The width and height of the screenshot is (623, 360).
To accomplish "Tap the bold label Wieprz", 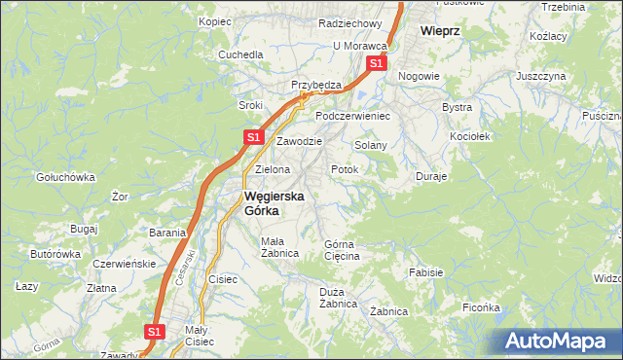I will coord(439,30).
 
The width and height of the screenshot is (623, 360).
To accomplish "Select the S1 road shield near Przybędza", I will coord(376,64).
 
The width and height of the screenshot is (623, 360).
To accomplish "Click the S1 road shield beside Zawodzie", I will coord(252,138).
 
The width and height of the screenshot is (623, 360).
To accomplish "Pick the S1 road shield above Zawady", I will coord(153,332).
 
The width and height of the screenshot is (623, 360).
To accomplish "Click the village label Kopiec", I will coord(214,20).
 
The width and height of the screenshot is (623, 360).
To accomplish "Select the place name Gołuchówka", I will coord(64,177).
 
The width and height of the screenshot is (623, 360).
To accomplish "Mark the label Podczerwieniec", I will coord(352,116).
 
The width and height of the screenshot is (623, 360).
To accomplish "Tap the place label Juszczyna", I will coord(541,75).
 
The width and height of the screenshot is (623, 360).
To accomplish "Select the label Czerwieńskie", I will coord(124,264).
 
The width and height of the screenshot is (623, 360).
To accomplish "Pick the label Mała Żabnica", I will coord(278,247).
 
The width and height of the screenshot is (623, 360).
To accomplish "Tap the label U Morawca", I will coord(360,46).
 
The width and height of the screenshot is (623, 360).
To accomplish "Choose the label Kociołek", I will coord(469,136).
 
